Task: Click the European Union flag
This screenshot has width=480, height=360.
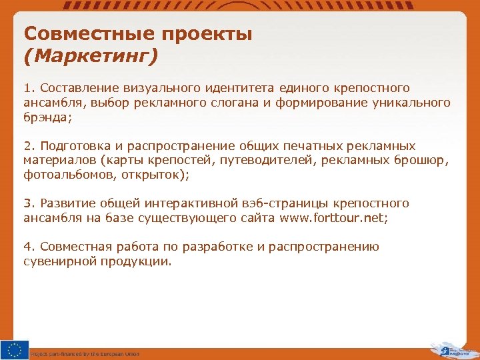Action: pyautogui.click(x=14, y=349)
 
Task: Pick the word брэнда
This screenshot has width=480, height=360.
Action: pyautogui.click(x=45, y=117)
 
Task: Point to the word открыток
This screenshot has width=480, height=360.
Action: pyautogui.click(x=159, y=175)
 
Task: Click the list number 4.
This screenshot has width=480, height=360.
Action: pyautogui.click(x=27, y=247)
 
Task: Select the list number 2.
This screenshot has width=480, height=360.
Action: pyautogui.click(x=27, y=145)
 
